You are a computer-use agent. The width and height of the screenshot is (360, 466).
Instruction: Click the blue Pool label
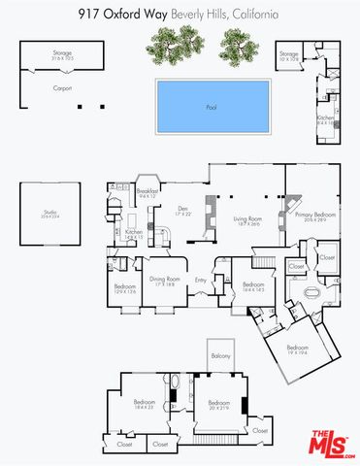(211, 107)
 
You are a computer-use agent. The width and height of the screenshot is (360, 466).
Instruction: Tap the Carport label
(36, 88)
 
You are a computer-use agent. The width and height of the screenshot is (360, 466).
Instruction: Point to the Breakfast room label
(147, 192)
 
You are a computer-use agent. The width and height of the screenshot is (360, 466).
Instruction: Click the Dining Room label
(163, 283)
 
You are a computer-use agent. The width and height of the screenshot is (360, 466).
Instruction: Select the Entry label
(201, 282)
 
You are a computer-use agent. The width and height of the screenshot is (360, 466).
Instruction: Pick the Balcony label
(220, 356)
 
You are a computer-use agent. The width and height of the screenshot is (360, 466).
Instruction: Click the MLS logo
(332, 444)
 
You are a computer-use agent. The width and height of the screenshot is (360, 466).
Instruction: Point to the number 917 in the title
(89, 15)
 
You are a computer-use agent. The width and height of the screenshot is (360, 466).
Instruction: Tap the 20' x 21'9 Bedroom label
(218, 404)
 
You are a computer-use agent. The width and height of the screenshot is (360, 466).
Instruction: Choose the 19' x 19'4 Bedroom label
(297, 349)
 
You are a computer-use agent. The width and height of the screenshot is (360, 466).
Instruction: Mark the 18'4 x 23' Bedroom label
(144, 404)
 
